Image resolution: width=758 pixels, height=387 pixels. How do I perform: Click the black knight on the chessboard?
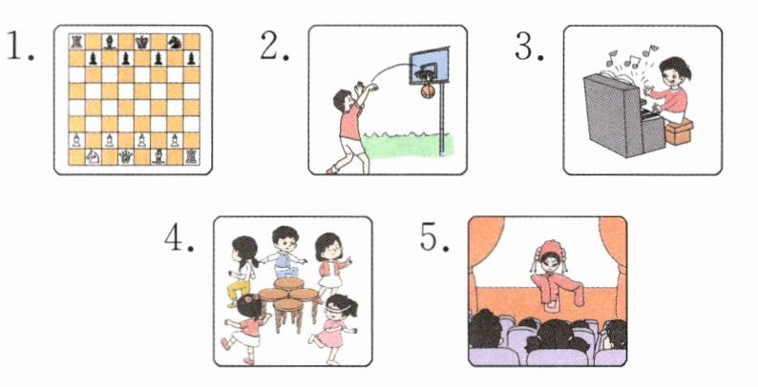click(175, 42)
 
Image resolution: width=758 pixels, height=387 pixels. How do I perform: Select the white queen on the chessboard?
click(126, 156)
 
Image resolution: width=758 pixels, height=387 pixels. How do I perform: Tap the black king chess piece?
click(141, 42)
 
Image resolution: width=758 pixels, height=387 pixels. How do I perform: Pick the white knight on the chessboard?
click(93, 156)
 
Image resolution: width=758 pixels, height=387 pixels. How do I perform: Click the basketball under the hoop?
click(428, 91)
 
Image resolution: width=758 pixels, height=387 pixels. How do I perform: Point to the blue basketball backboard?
click(430, 66)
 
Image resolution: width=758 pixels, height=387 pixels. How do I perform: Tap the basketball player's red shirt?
click(350, 122)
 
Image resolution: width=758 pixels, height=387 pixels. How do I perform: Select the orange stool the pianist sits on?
click(679, 132)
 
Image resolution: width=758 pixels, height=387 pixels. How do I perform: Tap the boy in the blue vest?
click(284, 252)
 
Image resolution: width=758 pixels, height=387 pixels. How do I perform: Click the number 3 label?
click(529, 48)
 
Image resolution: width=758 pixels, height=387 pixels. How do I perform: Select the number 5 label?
click(433, 237)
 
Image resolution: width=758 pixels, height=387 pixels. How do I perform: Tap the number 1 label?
click(21, 47)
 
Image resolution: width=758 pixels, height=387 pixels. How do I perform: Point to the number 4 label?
click(179, 238)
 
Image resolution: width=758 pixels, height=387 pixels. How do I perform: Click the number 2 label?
click(274, 48)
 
